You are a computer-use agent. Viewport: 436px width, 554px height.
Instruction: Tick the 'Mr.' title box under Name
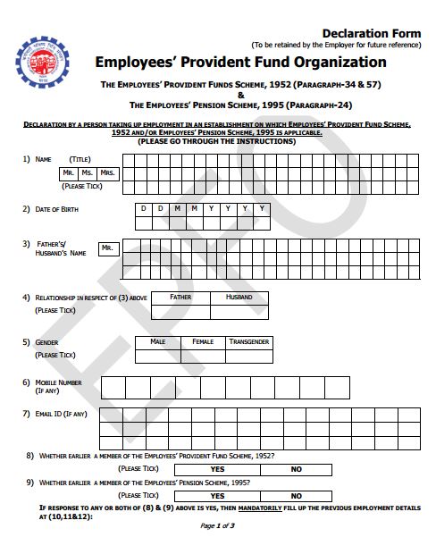click(x=69, y=172)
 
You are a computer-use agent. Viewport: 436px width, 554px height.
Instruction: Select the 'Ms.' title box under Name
click(x=88, y=172)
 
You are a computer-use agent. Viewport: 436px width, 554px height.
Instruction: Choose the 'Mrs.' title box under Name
click(x=108, y=172)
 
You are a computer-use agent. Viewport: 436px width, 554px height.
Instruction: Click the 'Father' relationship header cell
click(x=180, y=297)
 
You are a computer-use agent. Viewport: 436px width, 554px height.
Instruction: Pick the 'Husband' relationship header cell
click(x=239, y=297)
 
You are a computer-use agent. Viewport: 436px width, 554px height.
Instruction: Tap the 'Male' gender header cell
click(x=157, y=342)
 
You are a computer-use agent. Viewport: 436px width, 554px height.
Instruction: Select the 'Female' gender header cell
click(x=203, y=342)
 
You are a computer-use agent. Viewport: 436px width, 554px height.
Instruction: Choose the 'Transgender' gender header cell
click(x=249, y=342)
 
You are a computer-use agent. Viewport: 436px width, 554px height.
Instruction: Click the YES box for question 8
click(x=217, y=469)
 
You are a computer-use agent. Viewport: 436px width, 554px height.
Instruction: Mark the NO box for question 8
click(x=297, y=469)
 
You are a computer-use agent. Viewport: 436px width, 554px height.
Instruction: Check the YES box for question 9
click(x=217, y=496)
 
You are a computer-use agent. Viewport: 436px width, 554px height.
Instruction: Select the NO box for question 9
click(x=297, y=496)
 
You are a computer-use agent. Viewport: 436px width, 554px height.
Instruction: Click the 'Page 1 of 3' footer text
click(x=218, y=525)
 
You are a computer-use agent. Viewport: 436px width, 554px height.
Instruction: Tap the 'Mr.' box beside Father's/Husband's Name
click(x=107, y=248)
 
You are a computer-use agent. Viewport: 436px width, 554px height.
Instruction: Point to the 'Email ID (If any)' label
click(x=61, y=414)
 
